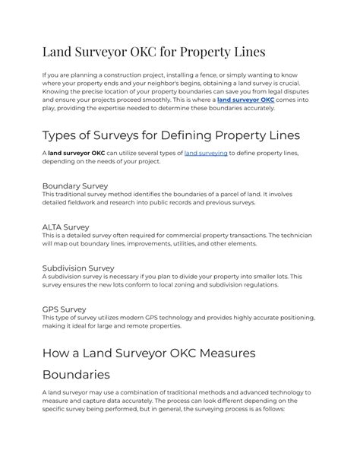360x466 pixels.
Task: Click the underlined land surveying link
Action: [205, 153]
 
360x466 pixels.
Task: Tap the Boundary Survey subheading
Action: [74, 185]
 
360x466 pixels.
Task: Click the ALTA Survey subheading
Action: [65, 227]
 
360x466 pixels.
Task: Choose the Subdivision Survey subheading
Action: [78, 268]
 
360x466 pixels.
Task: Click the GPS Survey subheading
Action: [64, 309]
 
